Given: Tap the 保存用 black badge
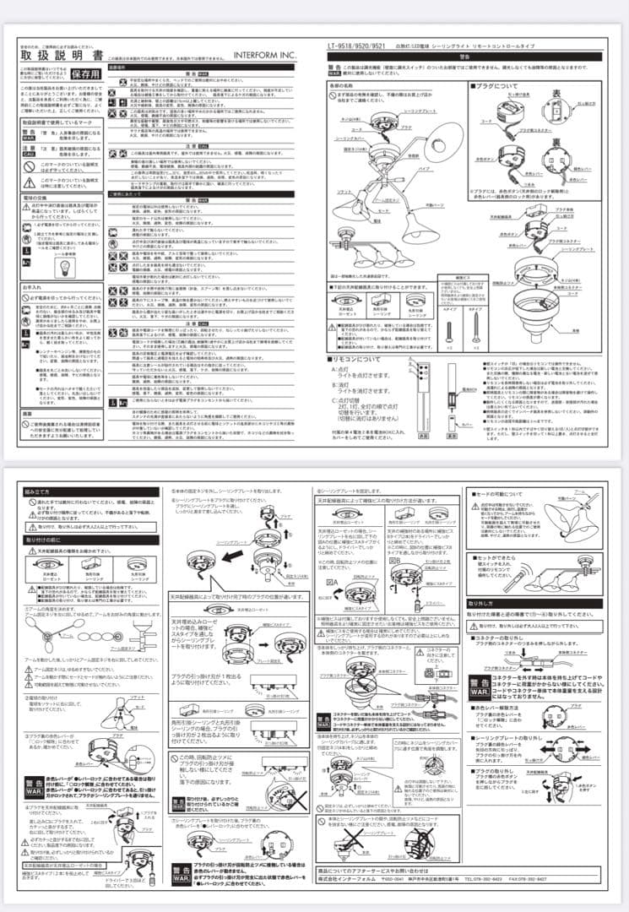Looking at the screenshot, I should pos(84,73).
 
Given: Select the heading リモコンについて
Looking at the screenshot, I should pos(358,360).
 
